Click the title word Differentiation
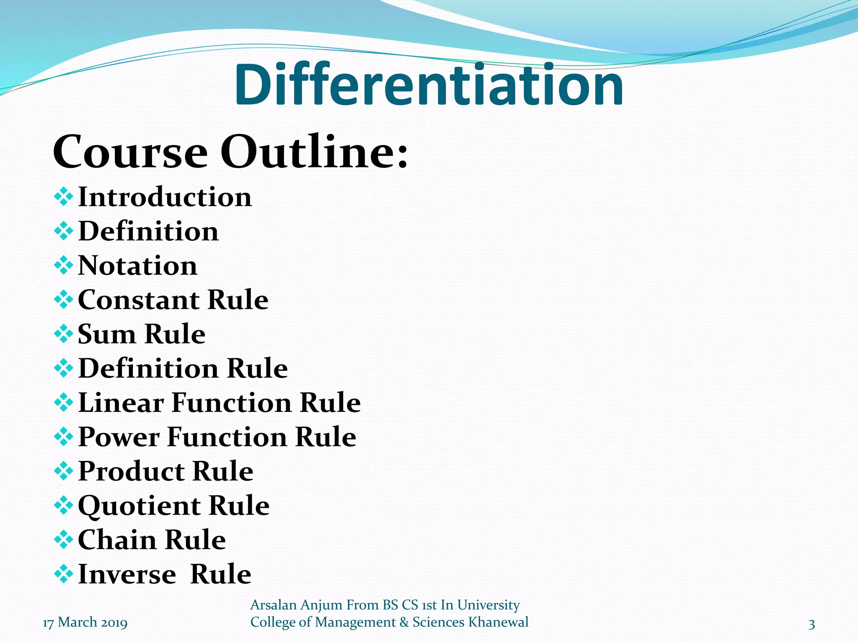[429, 85]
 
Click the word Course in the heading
[130, 152]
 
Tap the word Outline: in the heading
[314, 152]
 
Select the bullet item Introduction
[165, 197]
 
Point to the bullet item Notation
[137, 266]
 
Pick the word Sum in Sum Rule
[106, 334]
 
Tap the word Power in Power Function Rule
[119, 437]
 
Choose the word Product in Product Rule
[131, 472]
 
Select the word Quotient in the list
[138, 506]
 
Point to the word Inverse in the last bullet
[127, 574]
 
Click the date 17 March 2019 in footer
[85, 623]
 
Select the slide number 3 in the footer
[811, 625]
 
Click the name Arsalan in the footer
[273, 605]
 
